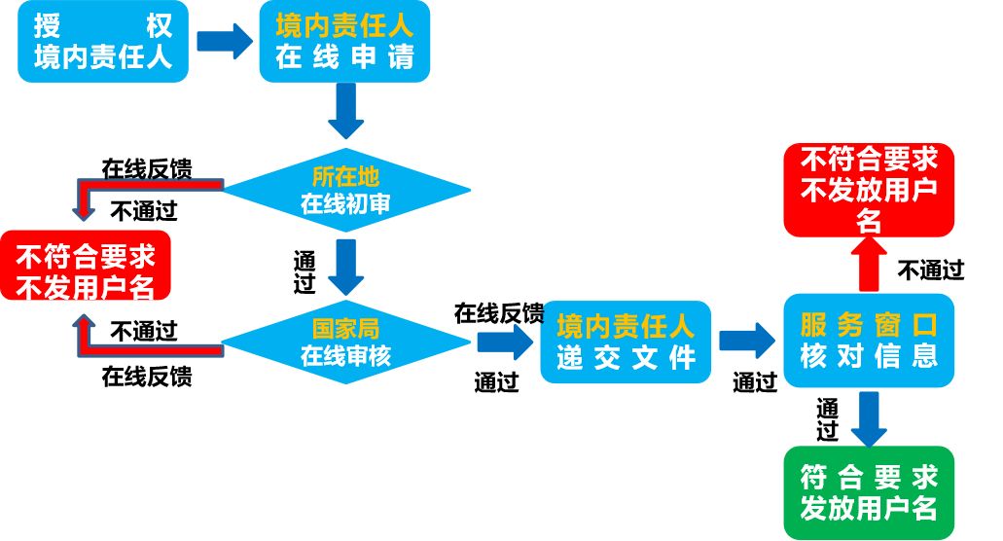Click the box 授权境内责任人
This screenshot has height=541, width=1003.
[102, 42]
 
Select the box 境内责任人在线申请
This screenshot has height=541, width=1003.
[344, 42]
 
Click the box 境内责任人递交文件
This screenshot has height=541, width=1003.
[626, 342]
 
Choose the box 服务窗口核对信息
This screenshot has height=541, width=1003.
[869, 340]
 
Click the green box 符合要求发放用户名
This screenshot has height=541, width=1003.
[869, 492]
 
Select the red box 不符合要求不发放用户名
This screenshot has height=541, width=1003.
[869, 189]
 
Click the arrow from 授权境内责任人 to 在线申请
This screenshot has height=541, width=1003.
[224, 41]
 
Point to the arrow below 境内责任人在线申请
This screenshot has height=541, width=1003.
[345, 111]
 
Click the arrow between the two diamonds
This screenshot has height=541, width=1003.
[345, 266]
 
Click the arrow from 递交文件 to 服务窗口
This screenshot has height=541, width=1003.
[746, 341]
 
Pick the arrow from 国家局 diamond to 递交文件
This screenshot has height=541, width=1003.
[504, 342]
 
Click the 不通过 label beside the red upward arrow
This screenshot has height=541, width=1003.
[930, 270]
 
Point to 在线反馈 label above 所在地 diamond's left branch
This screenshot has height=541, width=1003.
[146, 167]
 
